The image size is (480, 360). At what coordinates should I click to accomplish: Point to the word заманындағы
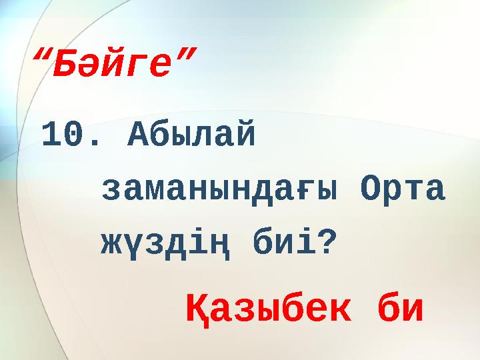(x=219, y=191)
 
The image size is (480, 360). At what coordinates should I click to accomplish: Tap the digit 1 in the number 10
(x=53, y=136)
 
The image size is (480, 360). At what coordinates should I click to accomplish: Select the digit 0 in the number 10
(x=74, y=136)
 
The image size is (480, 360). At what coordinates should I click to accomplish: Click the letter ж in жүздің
(x=111, y=246)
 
